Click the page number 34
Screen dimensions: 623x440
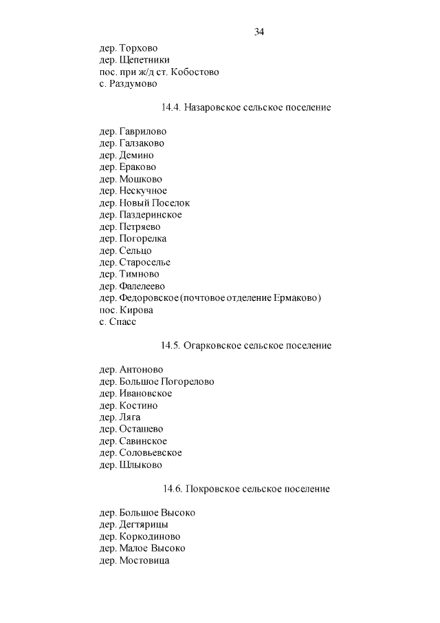pyautogui.click(x=259, y=32)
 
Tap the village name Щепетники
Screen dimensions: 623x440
pyautogui.click(x=144, y=60)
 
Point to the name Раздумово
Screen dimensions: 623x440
pyautogui.click(x=133, y=83)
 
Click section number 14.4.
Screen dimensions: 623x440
pyautogui.click(x=170, y=107)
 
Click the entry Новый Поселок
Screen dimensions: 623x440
pyautogui.click(x=155, y=202)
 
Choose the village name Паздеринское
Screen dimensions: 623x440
pyautogui.click(x=151, y=215)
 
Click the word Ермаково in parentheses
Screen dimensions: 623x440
pyautogui.click(x=298, y=298)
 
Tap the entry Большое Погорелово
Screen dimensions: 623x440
pyautogui.click(x=167, y=381)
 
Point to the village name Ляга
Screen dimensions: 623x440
pyautogui.click(x=130, y=417)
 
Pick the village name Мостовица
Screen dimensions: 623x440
pyautogui.click(x=144, y=560)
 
